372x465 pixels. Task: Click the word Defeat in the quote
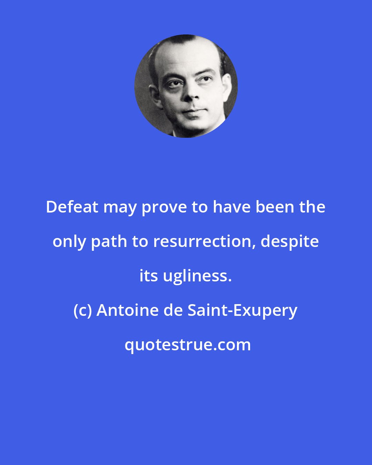point(72,207)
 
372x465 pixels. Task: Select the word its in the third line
point(148,276)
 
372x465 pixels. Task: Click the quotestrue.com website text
point(188,345)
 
